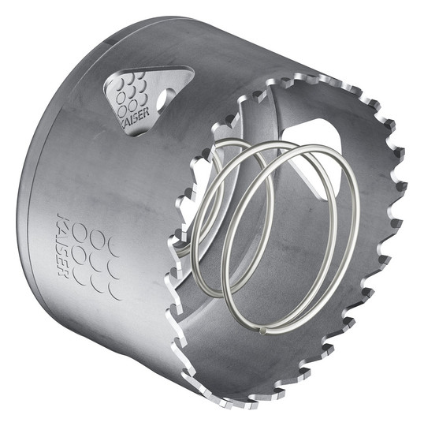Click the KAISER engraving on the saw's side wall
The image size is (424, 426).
coord(62,245)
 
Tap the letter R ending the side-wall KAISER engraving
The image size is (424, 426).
coord(63,273)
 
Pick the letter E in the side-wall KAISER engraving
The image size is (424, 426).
coord(63,263)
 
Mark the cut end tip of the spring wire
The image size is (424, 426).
coord(262,331)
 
